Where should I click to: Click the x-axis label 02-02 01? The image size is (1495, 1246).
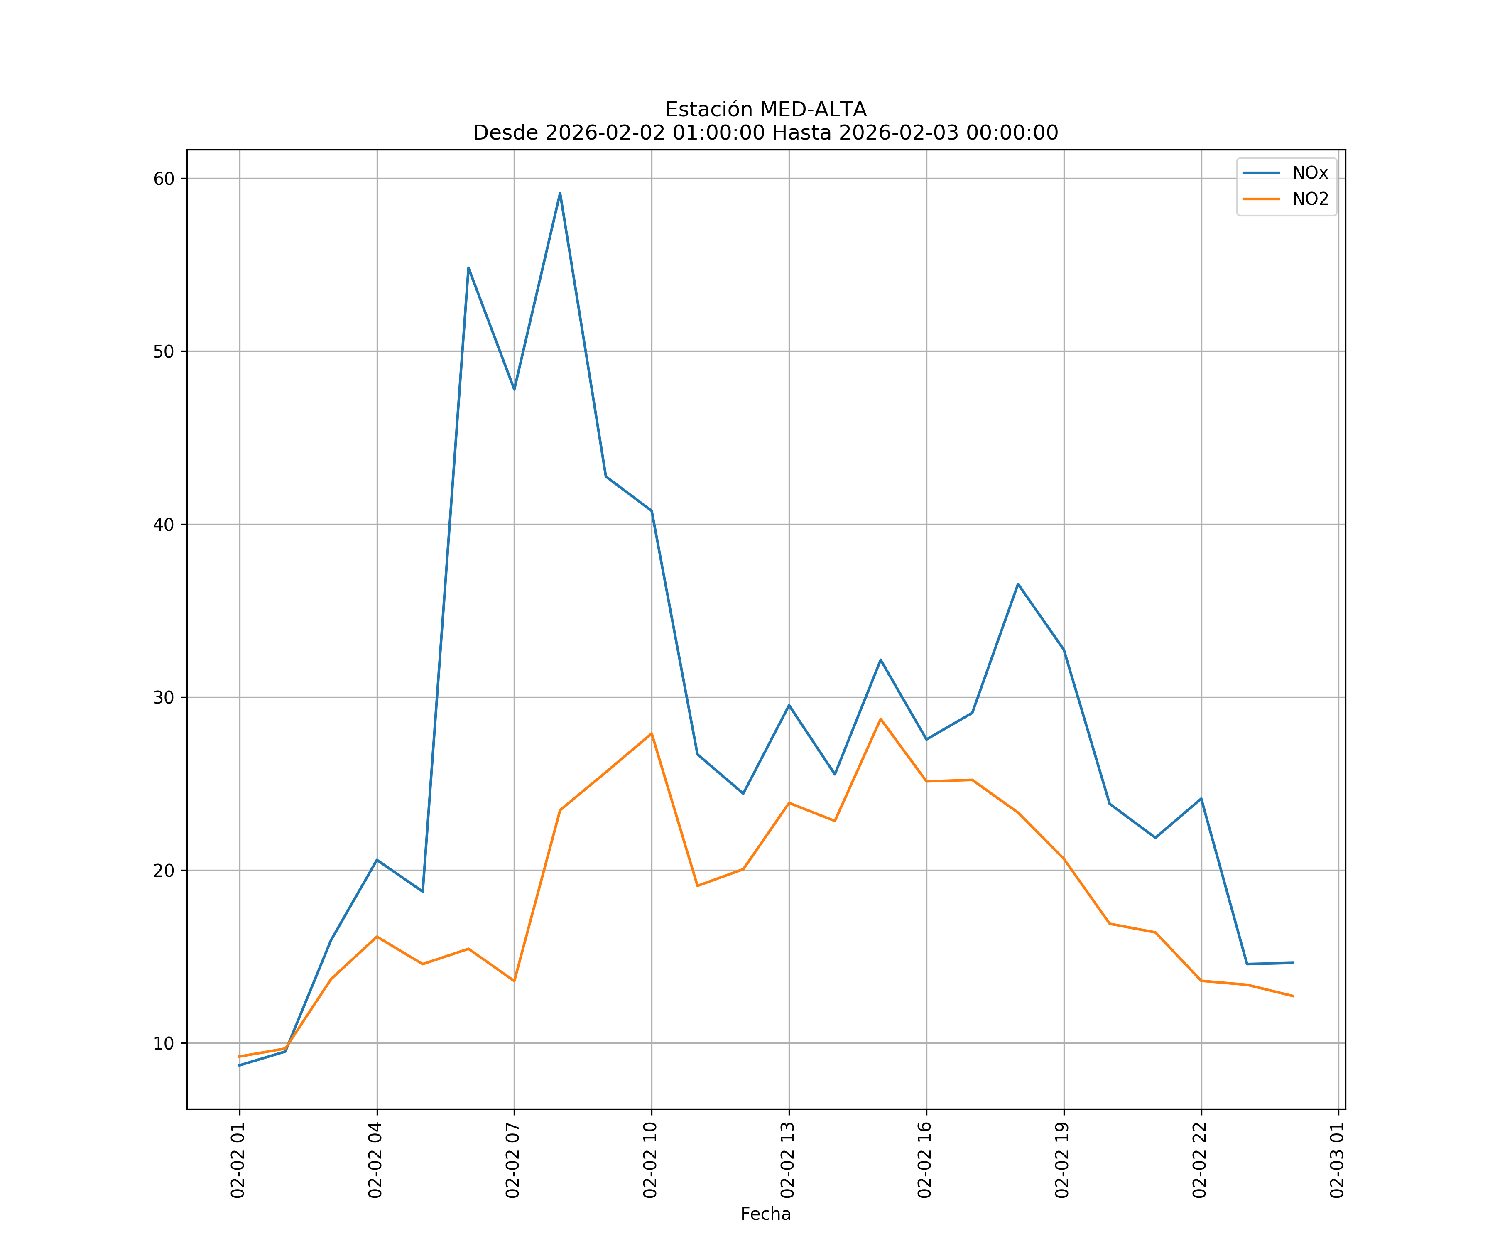(x=238, y=1160)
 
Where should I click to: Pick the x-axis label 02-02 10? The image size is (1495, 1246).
(x=650, y=1160)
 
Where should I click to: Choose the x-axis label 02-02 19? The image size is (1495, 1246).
(x=1062, y=1160)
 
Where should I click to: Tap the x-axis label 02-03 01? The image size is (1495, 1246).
(x=1337, y=1160)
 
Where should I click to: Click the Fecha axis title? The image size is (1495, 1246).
(x=765, y=1214)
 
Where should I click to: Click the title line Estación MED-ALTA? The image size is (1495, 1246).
(x=765, y=110)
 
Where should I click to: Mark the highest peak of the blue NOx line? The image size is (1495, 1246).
(x=560, y=193)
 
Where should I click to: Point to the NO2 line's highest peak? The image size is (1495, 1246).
(x=881, y=719)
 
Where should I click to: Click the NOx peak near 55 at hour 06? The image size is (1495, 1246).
(x=468, y=268)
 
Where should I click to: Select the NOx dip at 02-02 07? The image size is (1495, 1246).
(x=514, y=390)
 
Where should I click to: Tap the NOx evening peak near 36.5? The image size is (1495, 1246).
(x=1018, y=584)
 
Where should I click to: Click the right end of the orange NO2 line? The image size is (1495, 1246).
(x=1293, y=996)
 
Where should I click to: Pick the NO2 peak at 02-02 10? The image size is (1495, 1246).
(x=652, y=733)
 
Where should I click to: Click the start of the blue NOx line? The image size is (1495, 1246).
(x=240, y=1065)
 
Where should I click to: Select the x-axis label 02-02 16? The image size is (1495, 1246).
(x=925, y=1160)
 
